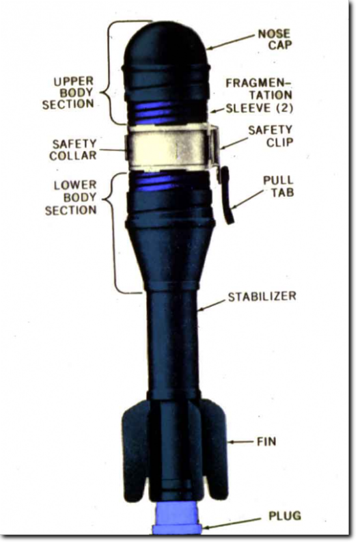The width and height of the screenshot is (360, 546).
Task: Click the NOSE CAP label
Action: (x=275, y=39)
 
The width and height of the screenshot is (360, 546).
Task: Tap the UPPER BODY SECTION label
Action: (x=68, y=93)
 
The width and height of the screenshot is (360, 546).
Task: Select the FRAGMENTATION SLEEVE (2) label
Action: (x=260, y=96)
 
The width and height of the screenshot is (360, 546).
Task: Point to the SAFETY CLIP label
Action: (x=271, y=136)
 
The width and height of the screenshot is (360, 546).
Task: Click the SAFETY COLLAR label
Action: (x=73, y=150)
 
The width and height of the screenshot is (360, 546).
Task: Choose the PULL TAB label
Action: (x=278, y=187)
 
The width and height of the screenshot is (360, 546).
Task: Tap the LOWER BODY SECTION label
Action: (x=71, y=197)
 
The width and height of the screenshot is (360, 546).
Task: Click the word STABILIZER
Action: (x=262, y=297)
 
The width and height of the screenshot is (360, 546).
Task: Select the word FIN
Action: (x=266, y=441)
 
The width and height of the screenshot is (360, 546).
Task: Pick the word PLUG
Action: (x=284, y=515)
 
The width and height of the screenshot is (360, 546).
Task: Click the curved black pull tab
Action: (x=227, y=195)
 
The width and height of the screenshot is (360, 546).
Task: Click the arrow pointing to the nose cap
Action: (x=231, y=42)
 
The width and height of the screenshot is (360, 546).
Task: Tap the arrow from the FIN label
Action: (x=240, y=442)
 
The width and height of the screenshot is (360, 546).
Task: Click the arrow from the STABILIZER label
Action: (x=211, y=305)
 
